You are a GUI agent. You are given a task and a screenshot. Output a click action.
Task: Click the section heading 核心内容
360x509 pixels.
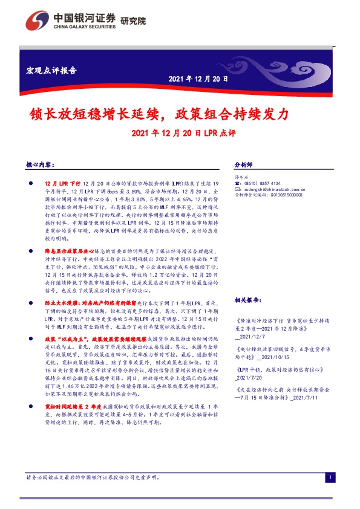tap(41, 164)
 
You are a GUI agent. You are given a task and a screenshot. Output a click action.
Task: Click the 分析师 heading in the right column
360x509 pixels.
tap(243, 164)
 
